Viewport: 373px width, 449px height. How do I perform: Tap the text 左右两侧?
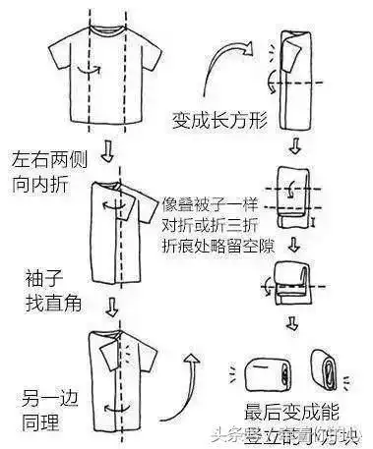coord(42,160)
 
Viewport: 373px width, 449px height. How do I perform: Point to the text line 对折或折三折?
coord(210,225)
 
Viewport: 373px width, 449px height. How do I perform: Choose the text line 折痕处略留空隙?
coord(217,243)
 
